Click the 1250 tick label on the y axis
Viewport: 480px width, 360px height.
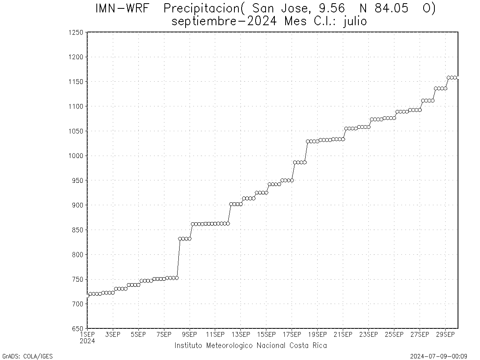(x=76, y=32)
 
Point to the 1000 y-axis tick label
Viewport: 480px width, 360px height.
(x=76, y=156)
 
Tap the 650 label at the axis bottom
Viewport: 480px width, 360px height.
(x=77, y=329)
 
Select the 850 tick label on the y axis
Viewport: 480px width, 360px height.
(x=77, y=230)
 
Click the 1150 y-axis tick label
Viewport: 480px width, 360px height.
(x=76, y=82)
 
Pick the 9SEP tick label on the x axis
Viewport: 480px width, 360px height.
(x=190, y=334)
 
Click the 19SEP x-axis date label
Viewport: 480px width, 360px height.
(x=317, y=334)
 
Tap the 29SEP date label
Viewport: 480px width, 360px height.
(x=445, y=334)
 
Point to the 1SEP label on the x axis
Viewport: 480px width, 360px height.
(x=87, y=334)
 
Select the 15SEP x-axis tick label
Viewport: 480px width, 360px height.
(x=266, y=334)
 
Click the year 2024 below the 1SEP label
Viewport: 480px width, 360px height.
(x=87, y=341)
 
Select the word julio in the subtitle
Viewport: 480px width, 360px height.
(x=355, y=21)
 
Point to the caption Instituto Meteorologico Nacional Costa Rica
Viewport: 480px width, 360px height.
(x=250, y=346)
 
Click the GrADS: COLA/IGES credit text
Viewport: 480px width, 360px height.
(x=27, y=356)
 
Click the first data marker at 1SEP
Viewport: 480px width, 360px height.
(x=88, y=296)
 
